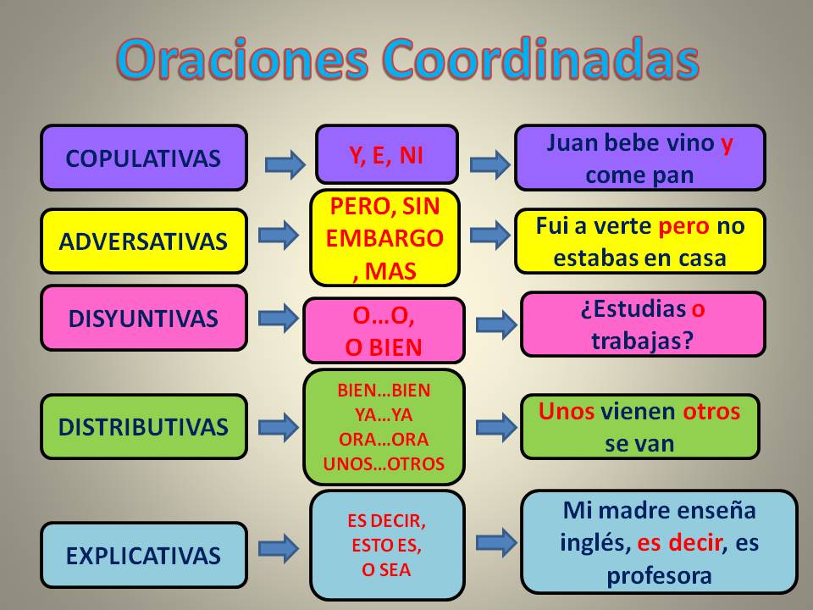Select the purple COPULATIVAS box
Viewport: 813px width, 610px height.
click(x=143, y=158)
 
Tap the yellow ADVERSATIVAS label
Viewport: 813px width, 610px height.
click(x=143, y=241)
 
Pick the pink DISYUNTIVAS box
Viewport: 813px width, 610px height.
click(x=143, y=319)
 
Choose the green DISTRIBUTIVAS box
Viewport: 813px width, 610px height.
click(x=143, y=426)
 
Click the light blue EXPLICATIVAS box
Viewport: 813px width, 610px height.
click(x=143, y=556)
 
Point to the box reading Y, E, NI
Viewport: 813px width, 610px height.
click(x=386, y=154)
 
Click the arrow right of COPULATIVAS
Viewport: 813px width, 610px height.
click(x=285, y=164)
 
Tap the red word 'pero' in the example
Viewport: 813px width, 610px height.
click(x=684, y=226)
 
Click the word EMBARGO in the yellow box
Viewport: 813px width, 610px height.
click(x=384, y=238)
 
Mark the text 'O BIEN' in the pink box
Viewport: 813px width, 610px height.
click(x=384, y=347)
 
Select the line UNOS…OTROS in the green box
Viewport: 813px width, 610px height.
click(x=384, y=464)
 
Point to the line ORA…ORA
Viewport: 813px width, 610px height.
click(x=384, y=440)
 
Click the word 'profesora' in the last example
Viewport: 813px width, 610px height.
click(x=659, y=574)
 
